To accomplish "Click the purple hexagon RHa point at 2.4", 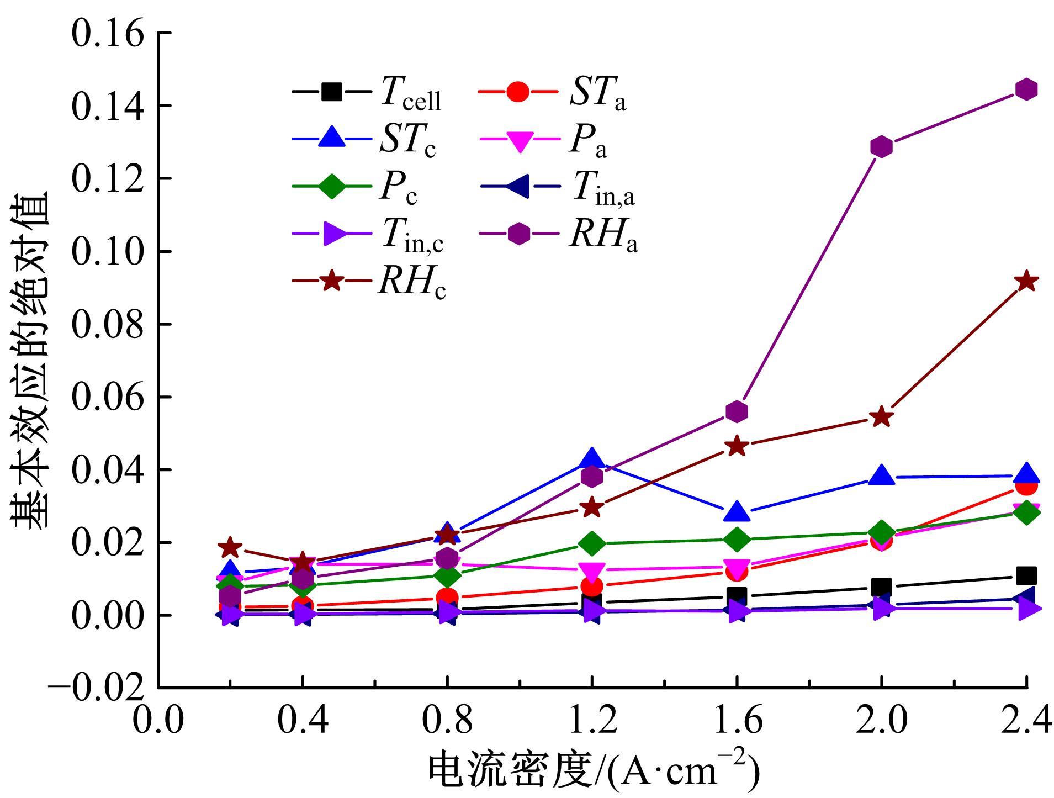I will [1026, 89].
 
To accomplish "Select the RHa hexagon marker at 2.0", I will [881, 146].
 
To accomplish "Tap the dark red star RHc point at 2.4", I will [1026, 281].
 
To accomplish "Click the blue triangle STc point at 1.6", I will [737, 512].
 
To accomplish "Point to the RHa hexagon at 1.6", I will [737, 411].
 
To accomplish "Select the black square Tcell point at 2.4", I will [1026, 575].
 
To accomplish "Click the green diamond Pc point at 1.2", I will [592, 543].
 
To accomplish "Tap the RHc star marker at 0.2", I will [230, 547].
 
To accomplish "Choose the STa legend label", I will [598, 94].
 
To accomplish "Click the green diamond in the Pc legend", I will [331, 187].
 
